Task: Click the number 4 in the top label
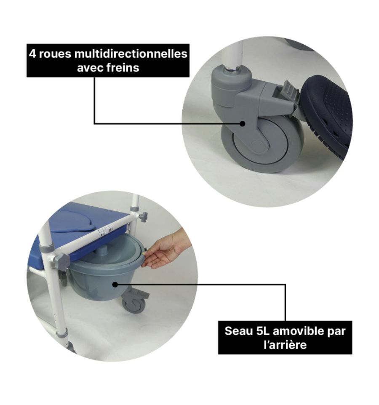(x=32, y=54)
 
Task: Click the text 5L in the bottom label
(x=263, y=331)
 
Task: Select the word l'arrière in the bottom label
(x=285, y=345)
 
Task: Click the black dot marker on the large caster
(x=242, y=123)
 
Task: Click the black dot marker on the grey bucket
(x=115, y=284)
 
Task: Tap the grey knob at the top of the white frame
(x=143, y=217)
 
